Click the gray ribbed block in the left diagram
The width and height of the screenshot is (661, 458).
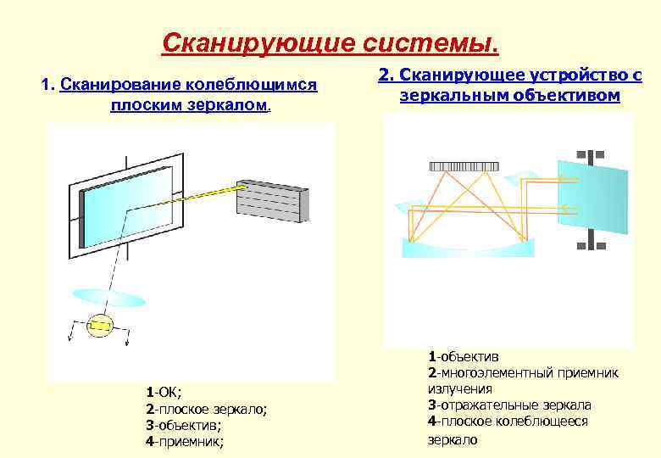point(269,204)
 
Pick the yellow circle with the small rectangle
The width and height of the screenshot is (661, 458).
point(100,325)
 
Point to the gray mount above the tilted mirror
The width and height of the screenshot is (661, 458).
point(591,156)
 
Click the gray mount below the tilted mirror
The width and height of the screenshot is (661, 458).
point(591,243)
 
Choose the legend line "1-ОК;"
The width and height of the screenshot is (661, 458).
point(164,392)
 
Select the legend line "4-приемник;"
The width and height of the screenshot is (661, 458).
point(185,441)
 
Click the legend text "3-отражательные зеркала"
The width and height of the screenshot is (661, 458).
point(510,405)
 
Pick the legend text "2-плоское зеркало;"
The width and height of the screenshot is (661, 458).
point(206,409)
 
